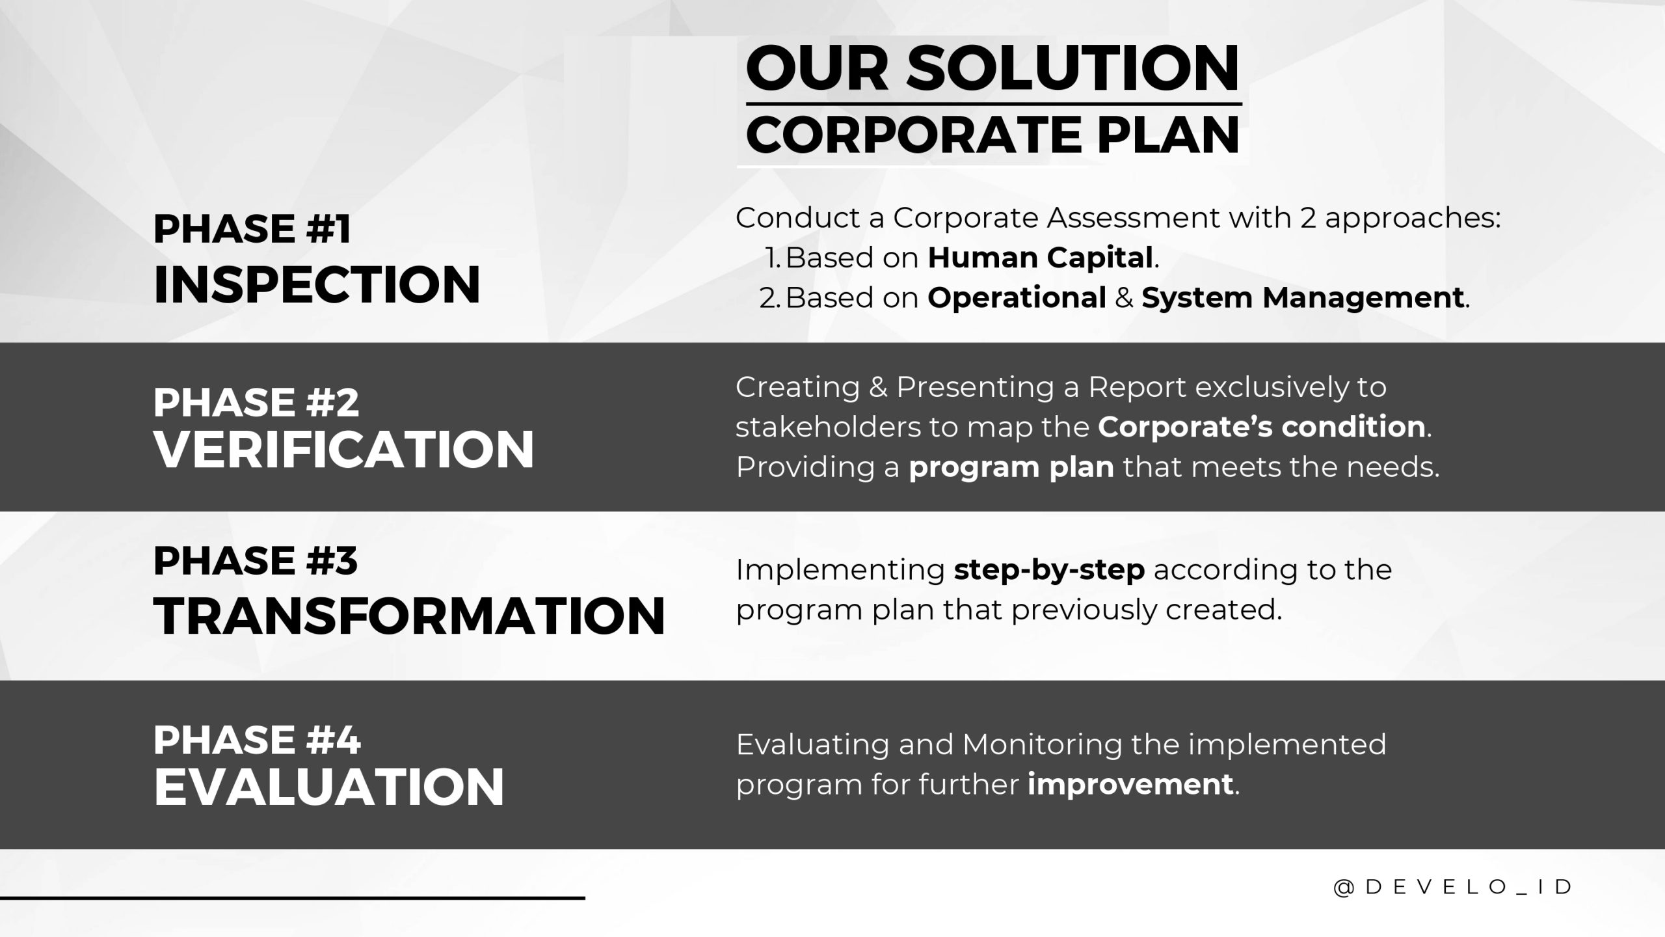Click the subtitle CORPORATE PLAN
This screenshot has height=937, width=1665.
click(993, 134)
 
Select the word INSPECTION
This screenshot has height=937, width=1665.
click(317, 284)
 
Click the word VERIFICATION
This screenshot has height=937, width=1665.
click(344, 449)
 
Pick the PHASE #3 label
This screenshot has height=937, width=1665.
click(256, 560)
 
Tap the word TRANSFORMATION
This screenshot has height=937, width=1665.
click(410, 616)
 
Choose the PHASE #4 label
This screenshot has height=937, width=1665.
click(257, 740)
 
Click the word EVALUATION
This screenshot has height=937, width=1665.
click(329, 787)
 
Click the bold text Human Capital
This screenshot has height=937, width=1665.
click(1040, 258)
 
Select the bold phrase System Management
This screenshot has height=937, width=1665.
click(1303, 298)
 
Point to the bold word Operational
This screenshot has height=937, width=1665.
click(1017, 298)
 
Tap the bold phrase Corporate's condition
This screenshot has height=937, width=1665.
click(1262, 427)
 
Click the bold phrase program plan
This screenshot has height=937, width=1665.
click(1011, 467)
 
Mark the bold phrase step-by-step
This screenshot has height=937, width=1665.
click(1049, 570)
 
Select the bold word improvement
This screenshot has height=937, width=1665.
click(1130, 783)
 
